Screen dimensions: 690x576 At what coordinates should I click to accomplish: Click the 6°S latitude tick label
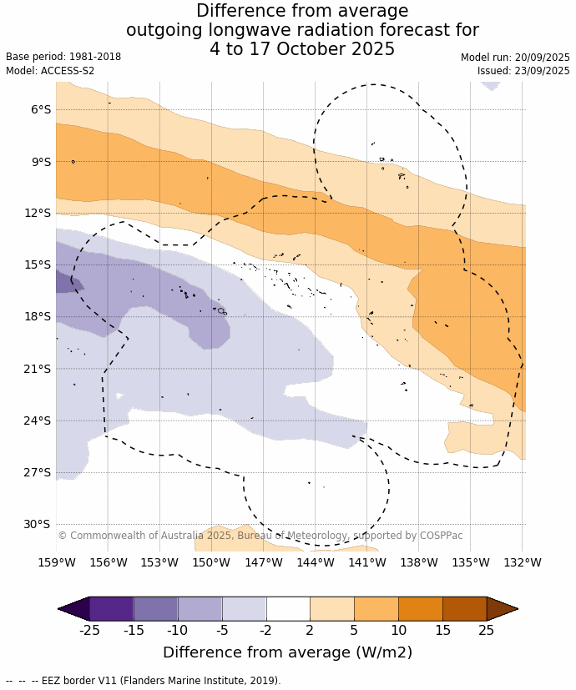point(40,109)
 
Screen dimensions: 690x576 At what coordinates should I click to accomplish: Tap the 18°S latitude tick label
point(38,316)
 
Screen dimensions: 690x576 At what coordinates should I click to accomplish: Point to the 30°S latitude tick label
point(38,524)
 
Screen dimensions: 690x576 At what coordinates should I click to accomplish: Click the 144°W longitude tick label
point(316,562)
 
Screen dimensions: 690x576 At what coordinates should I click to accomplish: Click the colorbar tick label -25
point(89,630)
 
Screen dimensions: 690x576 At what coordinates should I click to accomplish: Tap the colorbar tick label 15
point(442,630)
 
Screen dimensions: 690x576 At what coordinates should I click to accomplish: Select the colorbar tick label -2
point(266,630)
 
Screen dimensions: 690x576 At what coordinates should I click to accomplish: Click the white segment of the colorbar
point(288,609)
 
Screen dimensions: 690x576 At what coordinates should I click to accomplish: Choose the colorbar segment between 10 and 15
point(420,609)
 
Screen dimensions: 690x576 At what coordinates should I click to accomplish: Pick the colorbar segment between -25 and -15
point(111,609)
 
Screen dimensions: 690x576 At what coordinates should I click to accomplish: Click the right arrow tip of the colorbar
point(516,609)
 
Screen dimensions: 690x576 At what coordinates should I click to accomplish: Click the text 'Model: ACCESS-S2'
point(50,71)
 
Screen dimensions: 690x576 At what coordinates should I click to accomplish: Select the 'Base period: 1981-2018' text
point(63,57)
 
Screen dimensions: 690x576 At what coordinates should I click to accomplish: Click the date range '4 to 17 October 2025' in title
point(302,49)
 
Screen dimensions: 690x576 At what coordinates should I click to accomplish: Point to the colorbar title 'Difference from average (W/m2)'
point(287,652)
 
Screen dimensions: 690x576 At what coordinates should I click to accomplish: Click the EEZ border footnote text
point(143,681)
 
